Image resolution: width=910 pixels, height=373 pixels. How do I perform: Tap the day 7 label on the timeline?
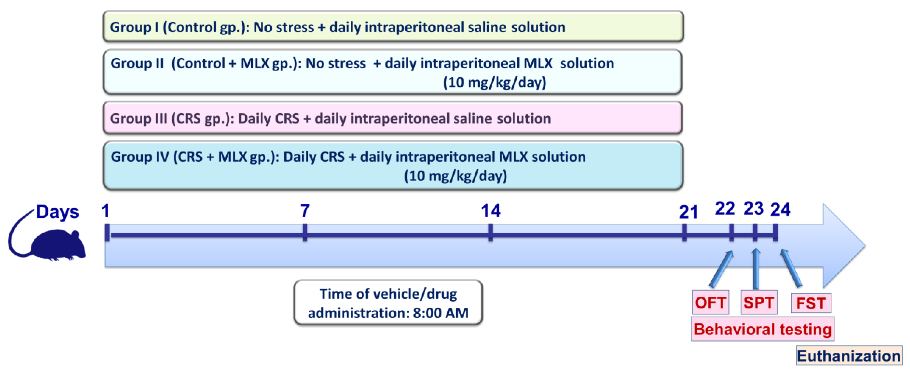click(305, 211)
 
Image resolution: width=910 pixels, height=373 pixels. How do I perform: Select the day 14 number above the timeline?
click(490, 211)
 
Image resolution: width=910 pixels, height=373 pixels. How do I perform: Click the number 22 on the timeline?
click(725, 209)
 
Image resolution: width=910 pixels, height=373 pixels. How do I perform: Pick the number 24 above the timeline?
click(780, 210)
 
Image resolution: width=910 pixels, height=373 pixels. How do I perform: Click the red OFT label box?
click(710, 302)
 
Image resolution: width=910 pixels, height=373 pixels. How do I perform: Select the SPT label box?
click(758, 302)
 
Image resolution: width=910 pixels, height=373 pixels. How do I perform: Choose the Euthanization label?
click(849, 356)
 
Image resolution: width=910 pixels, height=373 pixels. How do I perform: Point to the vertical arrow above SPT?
click(756, 269)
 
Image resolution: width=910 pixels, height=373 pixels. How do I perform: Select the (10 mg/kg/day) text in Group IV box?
click(455, 176)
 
